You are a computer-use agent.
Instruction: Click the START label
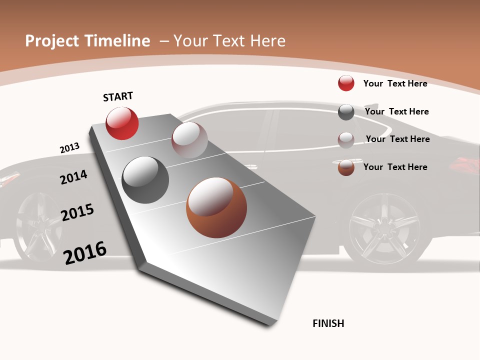coord(118,96)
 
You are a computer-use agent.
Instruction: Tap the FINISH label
coord(328,323)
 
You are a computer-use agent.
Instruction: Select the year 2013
coord(69,148)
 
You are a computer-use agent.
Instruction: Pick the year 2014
coord(73,177)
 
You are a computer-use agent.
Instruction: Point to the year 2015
coord(77,212)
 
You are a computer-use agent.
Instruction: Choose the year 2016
coord(85,253)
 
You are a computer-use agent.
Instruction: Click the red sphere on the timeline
coord(122,123)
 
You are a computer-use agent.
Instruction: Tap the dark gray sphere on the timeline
coord(145,180)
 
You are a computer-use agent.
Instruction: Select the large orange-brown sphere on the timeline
coord(216,207)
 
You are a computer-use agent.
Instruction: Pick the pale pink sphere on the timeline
coord(189,140)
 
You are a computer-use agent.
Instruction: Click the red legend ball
coord(346,83)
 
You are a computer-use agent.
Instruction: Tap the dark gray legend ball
coord(346,112)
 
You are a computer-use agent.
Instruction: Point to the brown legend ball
coord(346,167)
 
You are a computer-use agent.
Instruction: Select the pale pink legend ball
coord(346,140)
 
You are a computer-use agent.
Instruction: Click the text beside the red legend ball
coord(395,83)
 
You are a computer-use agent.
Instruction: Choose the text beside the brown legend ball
coord(395,167)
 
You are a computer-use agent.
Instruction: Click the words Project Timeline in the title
coord(87,41)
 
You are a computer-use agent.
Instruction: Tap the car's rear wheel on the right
coord(384,228)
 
